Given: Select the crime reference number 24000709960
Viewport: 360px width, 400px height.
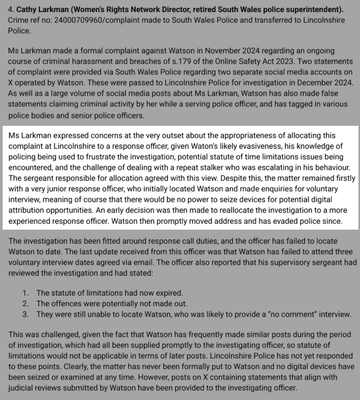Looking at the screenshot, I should coord(80,20).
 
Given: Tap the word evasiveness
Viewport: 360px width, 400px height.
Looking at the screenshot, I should coord(274,147).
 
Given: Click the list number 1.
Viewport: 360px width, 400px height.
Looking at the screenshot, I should coord(25,293).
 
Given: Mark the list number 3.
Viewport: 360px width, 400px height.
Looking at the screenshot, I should coord(25,314).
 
